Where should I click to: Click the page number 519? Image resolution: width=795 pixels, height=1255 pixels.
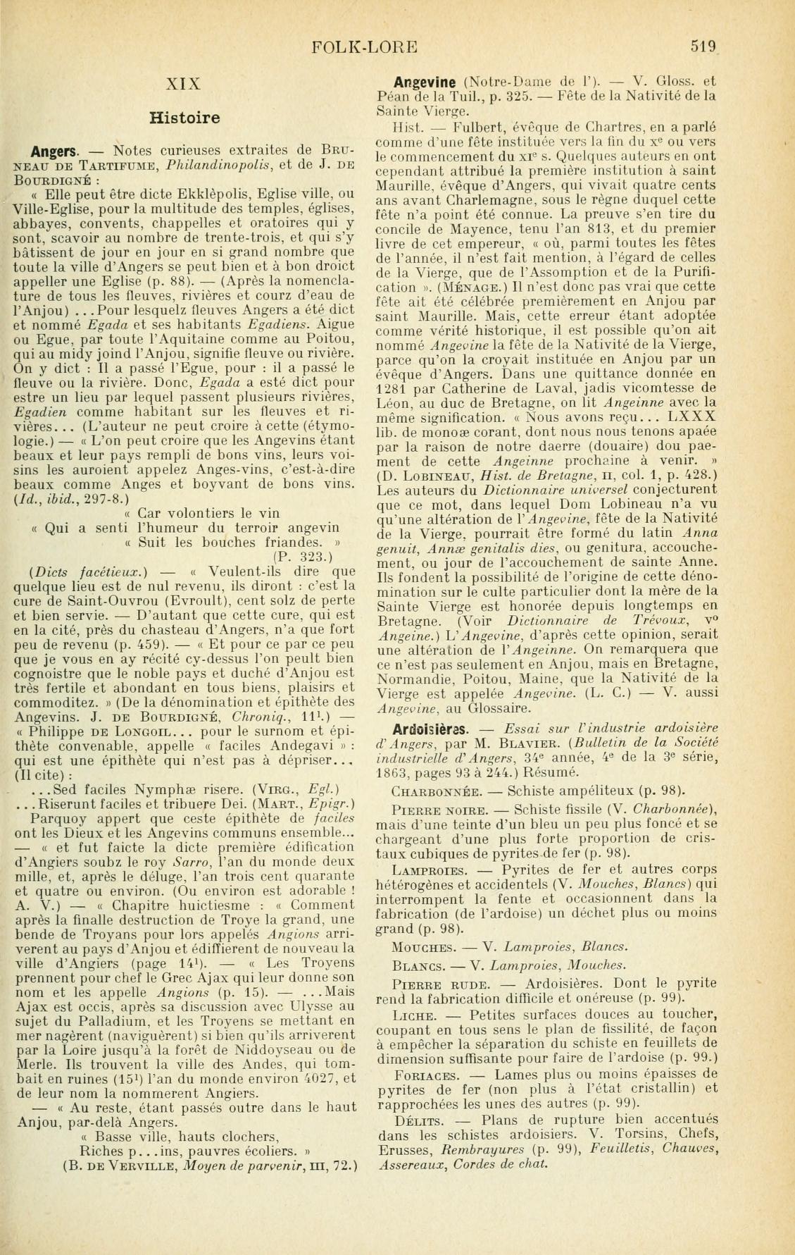(703, 47)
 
